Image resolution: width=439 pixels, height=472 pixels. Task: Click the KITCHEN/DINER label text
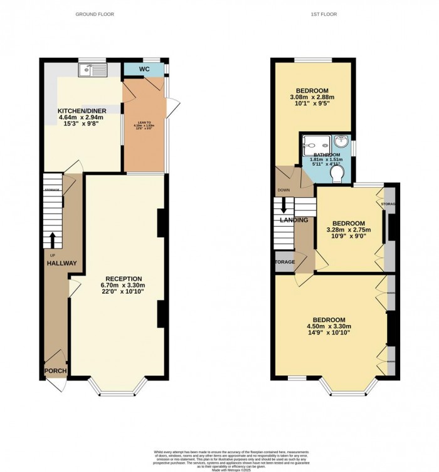tap(78, 110)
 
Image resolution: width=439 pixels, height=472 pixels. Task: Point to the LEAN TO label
tap(145, 122)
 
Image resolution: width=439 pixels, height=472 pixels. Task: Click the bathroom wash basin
tap(341, 142)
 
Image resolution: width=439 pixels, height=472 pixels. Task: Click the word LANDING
tap(293, 220)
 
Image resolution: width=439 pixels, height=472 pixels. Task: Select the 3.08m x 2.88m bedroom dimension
tap(312, 97)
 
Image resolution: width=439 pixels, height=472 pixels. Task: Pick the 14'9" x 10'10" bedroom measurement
tap(328, 333)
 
